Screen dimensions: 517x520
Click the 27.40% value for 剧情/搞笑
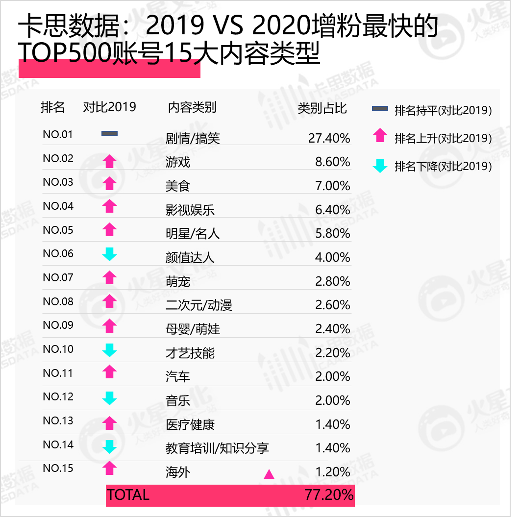[x=329, y=138]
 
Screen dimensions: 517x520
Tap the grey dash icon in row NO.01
[x=109, y=134]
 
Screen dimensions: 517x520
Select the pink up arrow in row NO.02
[x=109, y=161]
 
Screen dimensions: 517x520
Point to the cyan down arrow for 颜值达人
[x=109, y=254]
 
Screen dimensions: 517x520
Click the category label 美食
[x=177, y=186]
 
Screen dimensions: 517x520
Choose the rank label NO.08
[x=58, y=301]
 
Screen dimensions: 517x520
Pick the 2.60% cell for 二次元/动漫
[x=332, y=305]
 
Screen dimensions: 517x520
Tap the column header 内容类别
[x=192, y=107]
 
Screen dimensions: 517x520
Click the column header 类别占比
[x=322, y=108]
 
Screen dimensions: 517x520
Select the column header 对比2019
[x=109, y=107]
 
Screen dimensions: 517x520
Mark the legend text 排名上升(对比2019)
[x=443, y=138]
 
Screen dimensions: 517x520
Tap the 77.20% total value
[x=329, y=495]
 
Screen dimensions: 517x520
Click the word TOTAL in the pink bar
[x=128, y=495]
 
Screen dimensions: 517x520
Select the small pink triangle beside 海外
[x=269, y=474]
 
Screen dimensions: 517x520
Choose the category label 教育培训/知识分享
[x=217, y=448]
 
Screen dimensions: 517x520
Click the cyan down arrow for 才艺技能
[x=109, y=350]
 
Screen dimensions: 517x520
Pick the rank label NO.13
[x=58, y=420]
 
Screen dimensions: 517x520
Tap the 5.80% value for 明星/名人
[x=332, y=233]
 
